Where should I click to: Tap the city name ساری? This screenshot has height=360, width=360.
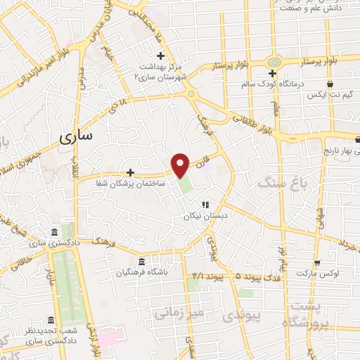click(75, 137)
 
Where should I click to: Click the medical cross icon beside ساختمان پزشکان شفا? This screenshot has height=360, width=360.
click(130, 172)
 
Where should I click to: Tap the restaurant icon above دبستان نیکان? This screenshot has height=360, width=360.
click(205, 205)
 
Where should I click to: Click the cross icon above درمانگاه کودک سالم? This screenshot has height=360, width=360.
click(272, 73)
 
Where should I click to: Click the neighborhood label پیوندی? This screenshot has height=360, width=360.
click(240, 316)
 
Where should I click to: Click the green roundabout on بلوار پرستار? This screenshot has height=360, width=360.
click(274, 62)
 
